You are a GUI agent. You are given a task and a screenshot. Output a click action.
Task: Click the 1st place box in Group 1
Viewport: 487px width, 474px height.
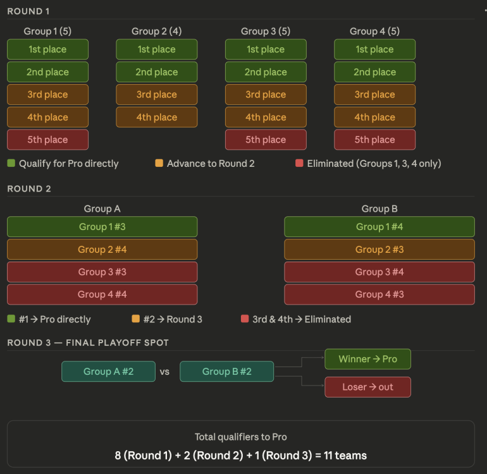point(47,49)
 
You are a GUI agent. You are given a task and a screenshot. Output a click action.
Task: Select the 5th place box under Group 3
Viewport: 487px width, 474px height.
point(266,140)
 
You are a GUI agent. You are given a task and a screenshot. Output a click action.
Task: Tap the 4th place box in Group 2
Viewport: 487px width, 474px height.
point(156,117)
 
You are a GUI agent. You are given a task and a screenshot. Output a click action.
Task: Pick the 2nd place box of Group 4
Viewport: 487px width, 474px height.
point(374,72)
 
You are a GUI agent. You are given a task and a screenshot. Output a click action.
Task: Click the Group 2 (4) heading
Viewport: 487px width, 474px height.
point(157,31)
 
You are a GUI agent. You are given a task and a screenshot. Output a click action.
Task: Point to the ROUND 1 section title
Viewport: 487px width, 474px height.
point(28,11)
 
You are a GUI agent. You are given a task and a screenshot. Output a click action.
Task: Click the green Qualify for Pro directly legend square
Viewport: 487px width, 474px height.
point(11,164)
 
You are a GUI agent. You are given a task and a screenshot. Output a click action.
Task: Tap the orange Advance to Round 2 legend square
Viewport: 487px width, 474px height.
point(159,164)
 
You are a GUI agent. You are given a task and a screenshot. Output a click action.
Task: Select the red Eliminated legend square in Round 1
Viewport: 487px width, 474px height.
point(299,164)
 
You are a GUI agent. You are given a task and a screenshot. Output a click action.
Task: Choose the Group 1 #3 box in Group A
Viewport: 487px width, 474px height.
point(102,227)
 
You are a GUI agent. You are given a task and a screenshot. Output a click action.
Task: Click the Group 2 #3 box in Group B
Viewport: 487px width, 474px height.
point(379,249)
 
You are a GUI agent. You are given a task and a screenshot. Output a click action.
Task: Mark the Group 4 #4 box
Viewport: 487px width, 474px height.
point(102,295)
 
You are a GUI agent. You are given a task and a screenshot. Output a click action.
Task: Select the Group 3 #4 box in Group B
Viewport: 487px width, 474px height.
point(379,272)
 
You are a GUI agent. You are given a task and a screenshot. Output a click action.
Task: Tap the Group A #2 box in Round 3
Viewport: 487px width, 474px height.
point(108,372)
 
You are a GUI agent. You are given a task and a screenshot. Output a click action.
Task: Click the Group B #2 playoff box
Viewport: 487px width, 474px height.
point(226,372)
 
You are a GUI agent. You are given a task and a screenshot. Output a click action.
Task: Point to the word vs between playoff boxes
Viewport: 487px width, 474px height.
point(164,372)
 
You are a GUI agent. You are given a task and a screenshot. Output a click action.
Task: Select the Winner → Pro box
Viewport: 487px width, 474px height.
point(367,359)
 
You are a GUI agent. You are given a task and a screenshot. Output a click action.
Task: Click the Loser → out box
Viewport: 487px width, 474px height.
point(367,387)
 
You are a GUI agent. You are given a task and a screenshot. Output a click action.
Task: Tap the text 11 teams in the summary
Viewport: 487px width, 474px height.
point(342,455)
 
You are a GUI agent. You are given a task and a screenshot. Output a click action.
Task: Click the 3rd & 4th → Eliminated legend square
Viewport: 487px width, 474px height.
point(245,319)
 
